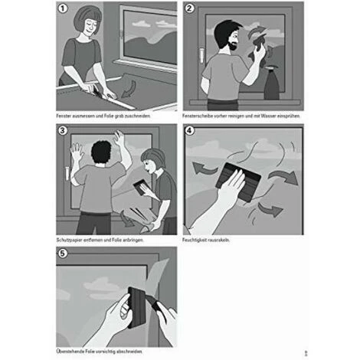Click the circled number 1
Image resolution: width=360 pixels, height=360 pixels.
(63, 8)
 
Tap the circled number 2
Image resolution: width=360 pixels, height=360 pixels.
(189, 8)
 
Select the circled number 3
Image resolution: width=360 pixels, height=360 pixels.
(62, 131)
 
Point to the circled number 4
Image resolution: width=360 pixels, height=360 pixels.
(189, 131)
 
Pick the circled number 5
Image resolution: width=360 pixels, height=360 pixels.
(63, 254)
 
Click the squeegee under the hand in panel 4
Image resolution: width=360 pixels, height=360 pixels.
(238, 182)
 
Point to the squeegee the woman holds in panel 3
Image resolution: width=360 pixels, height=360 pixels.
(141, 187)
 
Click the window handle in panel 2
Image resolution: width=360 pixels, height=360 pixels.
(201, 55)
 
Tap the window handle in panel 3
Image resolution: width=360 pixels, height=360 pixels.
(67, 174)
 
